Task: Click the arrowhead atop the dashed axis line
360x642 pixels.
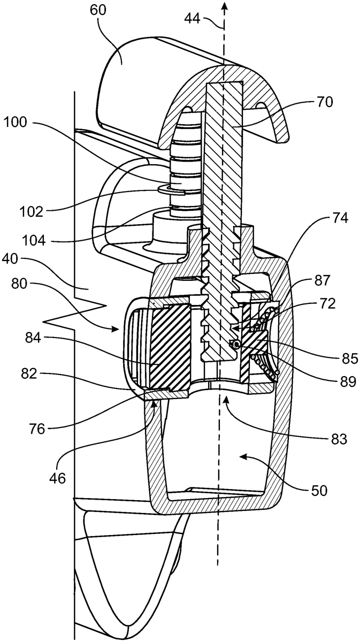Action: click(x=225, y=6)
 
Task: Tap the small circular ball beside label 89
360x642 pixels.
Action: click(x=234, y=345)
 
